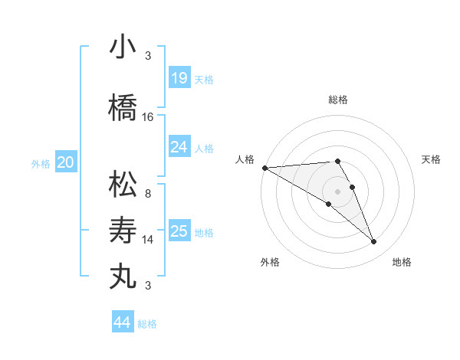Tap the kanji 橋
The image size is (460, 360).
tap(123, 107)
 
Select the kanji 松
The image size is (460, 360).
tap(123, 184)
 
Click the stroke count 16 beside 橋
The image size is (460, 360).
tap(148, 117)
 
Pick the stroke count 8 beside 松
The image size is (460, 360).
tap(148, 194)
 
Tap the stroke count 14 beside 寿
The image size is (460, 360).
tap(148, 240)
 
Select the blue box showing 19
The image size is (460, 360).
tap(179, 77)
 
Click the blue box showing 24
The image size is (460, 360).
tap(179, 146)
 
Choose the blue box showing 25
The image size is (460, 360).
tap(179, 231)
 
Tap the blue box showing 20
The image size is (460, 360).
tap(65, 162)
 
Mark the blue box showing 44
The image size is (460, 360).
tap(122, 322)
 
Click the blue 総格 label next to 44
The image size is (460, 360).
tap(147, 324)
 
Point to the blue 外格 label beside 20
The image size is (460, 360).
tap(41, 163)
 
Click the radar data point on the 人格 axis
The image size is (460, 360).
tap(264, 168)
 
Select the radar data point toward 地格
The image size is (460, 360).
tap(373, 242)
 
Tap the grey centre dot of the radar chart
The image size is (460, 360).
tap(337, 191)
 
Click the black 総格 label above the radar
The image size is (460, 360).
tap(338, 100)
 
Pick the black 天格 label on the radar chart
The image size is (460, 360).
tap(432, 159)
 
